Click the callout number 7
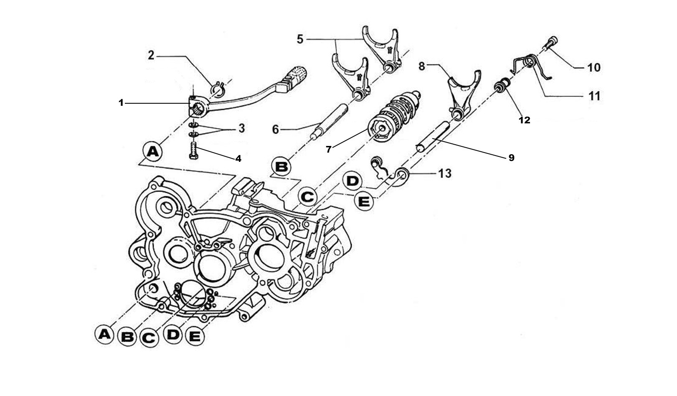click(329, 149)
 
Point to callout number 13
click(445, 173)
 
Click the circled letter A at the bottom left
click(104, 334)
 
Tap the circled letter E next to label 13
click(364, 202)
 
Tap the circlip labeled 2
click(218, 88)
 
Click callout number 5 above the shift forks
click(300, 39)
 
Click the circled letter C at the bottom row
click(149, 337)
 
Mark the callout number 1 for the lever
click(121, 102)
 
